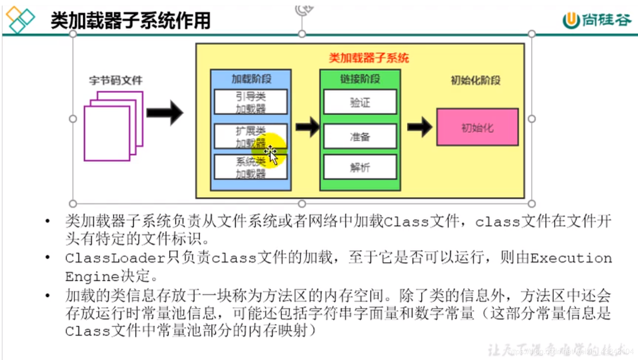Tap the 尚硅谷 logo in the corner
596,19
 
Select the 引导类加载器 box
250,102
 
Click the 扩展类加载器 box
250,136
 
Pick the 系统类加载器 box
250,167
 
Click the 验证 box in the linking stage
360,102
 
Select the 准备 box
360,136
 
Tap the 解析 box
360,167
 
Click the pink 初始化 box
477,127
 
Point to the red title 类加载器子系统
369,58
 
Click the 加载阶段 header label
251,79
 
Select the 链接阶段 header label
360,79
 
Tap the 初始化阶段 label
475,80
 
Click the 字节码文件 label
115,80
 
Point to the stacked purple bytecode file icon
113,126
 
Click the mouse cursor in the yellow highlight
271,154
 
